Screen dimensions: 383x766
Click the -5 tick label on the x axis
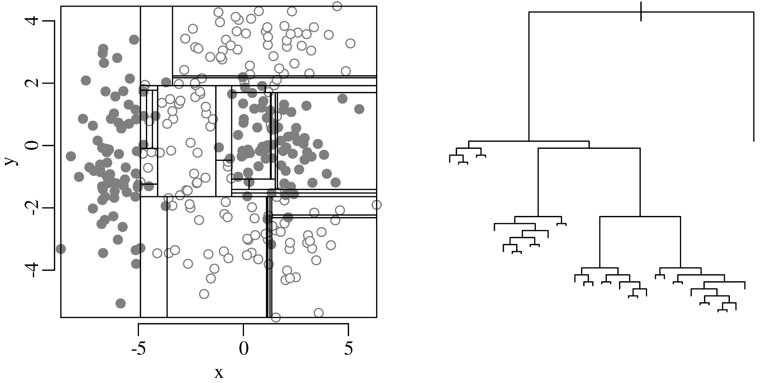pyautogui.click(x=139, y=349)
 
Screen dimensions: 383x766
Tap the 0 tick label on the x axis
pyautogui.click(x=244, y=349)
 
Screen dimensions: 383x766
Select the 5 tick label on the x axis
pyautogui.click(x=349, y=349)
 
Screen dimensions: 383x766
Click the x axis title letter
pyautogui.click(x=218, y=373)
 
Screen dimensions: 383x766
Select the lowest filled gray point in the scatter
pyautogui.click(x=121, y=303)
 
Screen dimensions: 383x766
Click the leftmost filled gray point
pyautogui.click(x=61, y=249)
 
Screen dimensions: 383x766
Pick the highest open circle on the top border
pyautogui.click(x=337, y=6)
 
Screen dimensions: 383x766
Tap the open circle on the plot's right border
pyautogui.click(x=376, y=205)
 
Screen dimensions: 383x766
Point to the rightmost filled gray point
pyautogui.click(x=359, y=109)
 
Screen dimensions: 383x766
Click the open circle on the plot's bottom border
pyautogui.click(x=276, y=317)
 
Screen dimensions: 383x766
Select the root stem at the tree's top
pyautogui.click(x=641, y=11)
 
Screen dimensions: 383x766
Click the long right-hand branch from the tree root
pyautogui.click(x=754, y=77)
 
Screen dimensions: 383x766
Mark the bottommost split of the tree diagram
pyautogui.click(x=722, y=310)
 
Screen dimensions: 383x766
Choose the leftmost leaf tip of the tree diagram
pyautogui.click(x=450, y=162)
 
